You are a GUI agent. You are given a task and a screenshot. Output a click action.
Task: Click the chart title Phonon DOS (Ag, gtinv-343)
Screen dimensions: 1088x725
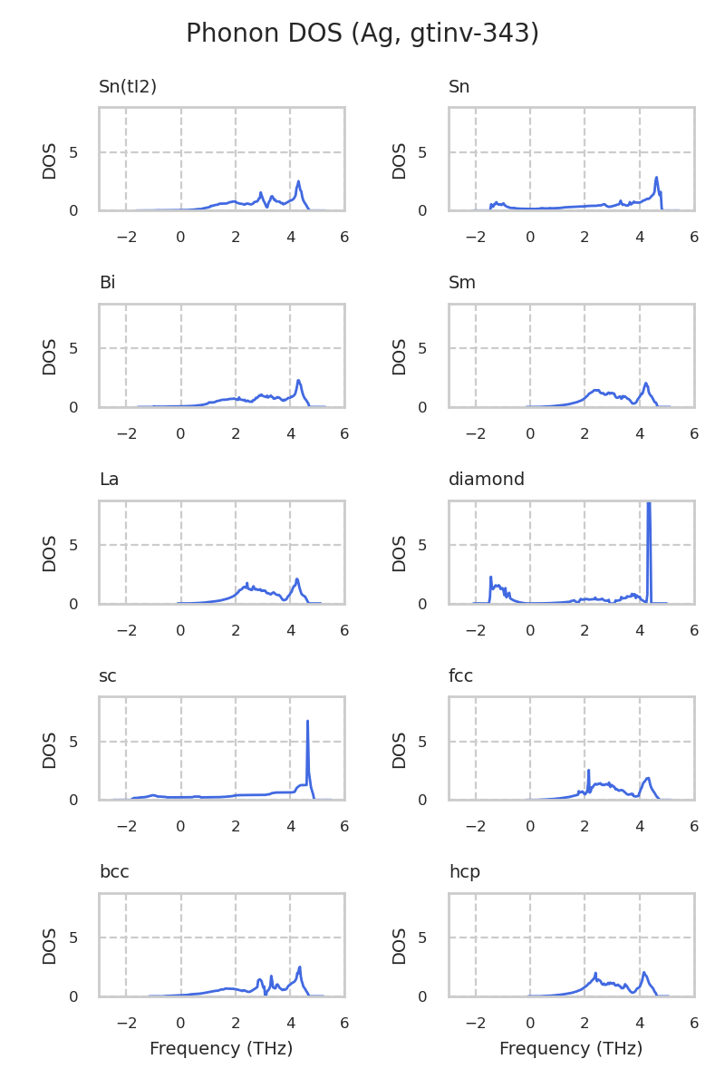click(362, 34)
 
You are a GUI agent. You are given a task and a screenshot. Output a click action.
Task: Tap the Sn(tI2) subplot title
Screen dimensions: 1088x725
click(128, 87)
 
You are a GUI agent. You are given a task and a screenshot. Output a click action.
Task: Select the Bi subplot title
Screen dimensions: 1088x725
click(107, 283)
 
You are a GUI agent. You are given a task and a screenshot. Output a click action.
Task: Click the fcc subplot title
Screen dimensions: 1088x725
click(460, 676)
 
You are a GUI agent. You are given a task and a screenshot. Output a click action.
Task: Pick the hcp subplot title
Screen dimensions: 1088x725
click(464, 872)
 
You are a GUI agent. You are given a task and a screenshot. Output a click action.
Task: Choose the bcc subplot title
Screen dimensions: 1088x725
click(114, 872)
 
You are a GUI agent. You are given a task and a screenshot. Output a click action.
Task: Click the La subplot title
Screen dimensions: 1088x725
click(109, 480)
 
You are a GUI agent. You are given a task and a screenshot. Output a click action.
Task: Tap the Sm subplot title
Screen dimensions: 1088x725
click(462, 283)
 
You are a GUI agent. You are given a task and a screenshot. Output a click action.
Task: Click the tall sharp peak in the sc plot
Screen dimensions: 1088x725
click(308, 723)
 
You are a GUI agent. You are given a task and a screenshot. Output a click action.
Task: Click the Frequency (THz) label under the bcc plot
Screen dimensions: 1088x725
click(221, 1049)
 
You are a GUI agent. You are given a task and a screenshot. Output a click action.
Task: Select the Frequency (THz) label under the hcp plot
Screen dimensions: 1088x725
click(571, 1049)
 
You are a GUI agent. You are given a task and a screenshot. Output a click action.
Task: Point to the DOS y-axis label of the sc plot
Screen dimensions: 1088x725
click(50, 750)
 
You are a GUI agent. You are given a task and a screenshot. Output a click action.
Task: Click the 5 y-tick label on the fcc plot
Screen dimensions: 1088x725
click(423, 742)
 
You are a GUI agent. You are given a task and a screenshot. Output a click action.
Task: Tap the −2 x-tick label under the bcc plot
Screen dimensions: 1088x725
click(126, 1024)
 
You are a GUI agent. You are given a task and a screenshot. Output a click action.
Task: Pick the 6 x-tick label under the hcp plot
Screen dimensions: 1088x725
click(694, 1024)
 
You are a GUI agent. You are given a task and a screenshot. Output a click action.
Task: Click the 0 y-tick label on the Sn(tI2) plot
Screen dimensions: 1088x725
click(73, 210)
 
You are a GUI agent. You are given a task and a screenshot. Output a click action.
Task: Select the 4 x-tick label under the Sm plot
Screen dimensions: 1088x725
click(640, 434)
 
